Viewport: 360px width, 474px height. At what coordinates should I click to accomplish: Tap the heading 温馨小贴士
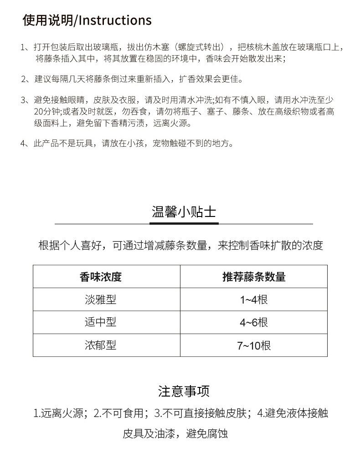pyautogui.click(x=184, y=212)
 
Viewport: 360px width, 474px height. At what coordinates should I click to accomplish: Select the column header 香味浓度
pyautogui.click(x=101, y=277)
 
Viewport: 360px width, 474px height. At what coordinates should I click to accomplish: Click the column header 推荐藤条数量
pyautogui.click(x=254, y=277)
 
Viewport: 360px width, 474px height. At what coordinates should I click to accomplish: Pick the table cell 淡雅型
pyautogui.click(x=101, y=299)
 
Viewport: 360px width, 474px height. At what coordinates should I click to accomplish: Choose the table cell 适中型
pyautogui.click(x=101, y=322)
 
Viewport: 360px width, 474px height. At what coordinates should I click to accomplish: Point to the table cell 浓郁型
pyautogui.click(x=101, y=345)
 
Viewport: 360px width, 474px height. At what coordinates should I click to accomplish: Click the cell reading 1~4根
pyautogui.click(x=254, y=299)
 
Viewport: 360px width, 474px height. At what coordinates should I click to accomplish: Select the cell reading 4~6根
pyautogui.click(x=254, y=322)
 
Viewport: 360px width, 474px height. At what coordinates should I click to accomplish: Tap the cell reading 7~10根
pyautogui.click(x=254, y=345)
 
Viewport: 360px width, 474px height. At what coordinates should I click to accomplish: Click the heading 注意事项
pyautogui.click(x=184, y=391)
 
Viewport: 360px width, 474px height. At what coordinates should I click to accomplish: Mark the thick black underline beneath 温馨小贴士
pyautogui.click(x=184, y=223)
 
